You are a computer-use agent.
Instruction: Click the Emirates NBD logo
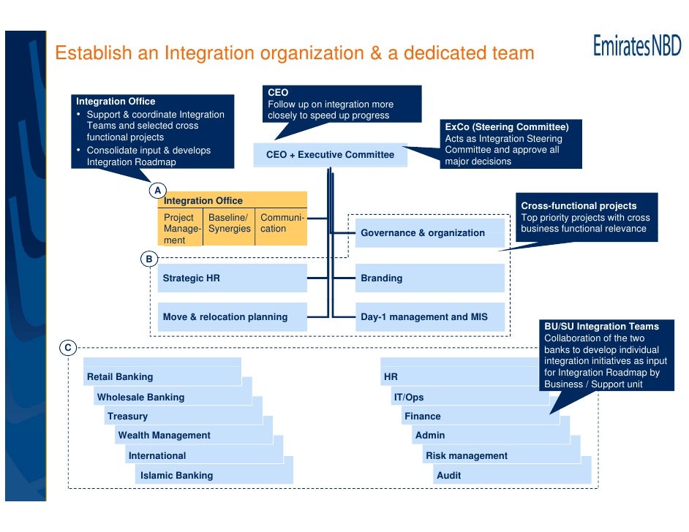coord(636,47)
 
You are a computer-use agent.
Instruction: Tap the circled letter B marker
coord(148,259)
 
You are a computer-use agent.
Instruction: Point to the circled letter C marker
coord(67,348)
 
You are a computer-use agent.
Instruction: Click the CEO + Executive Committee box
coord(330,155)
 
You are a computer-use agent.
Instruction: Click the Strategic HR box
coord(233,278)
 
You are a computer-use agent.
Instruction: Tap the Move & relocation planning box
coord(233,317)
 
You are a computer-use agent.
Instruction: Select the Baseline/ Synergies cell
coord(229,224)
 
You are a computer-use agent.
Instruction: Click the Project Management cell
coord(181,229)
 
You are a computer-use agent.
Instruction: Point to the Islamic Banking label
coord(176,476)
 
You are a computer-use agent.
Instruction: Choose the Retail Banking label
coord(120,377)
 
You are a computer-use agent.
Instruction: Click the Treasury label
coord(127,417)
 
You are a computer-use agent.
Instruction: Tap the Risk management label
coord(467,456)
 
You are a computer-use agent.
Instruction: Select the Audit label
coord(449,476)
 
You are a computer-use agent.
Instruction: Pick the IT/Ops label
coord(409,398)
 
